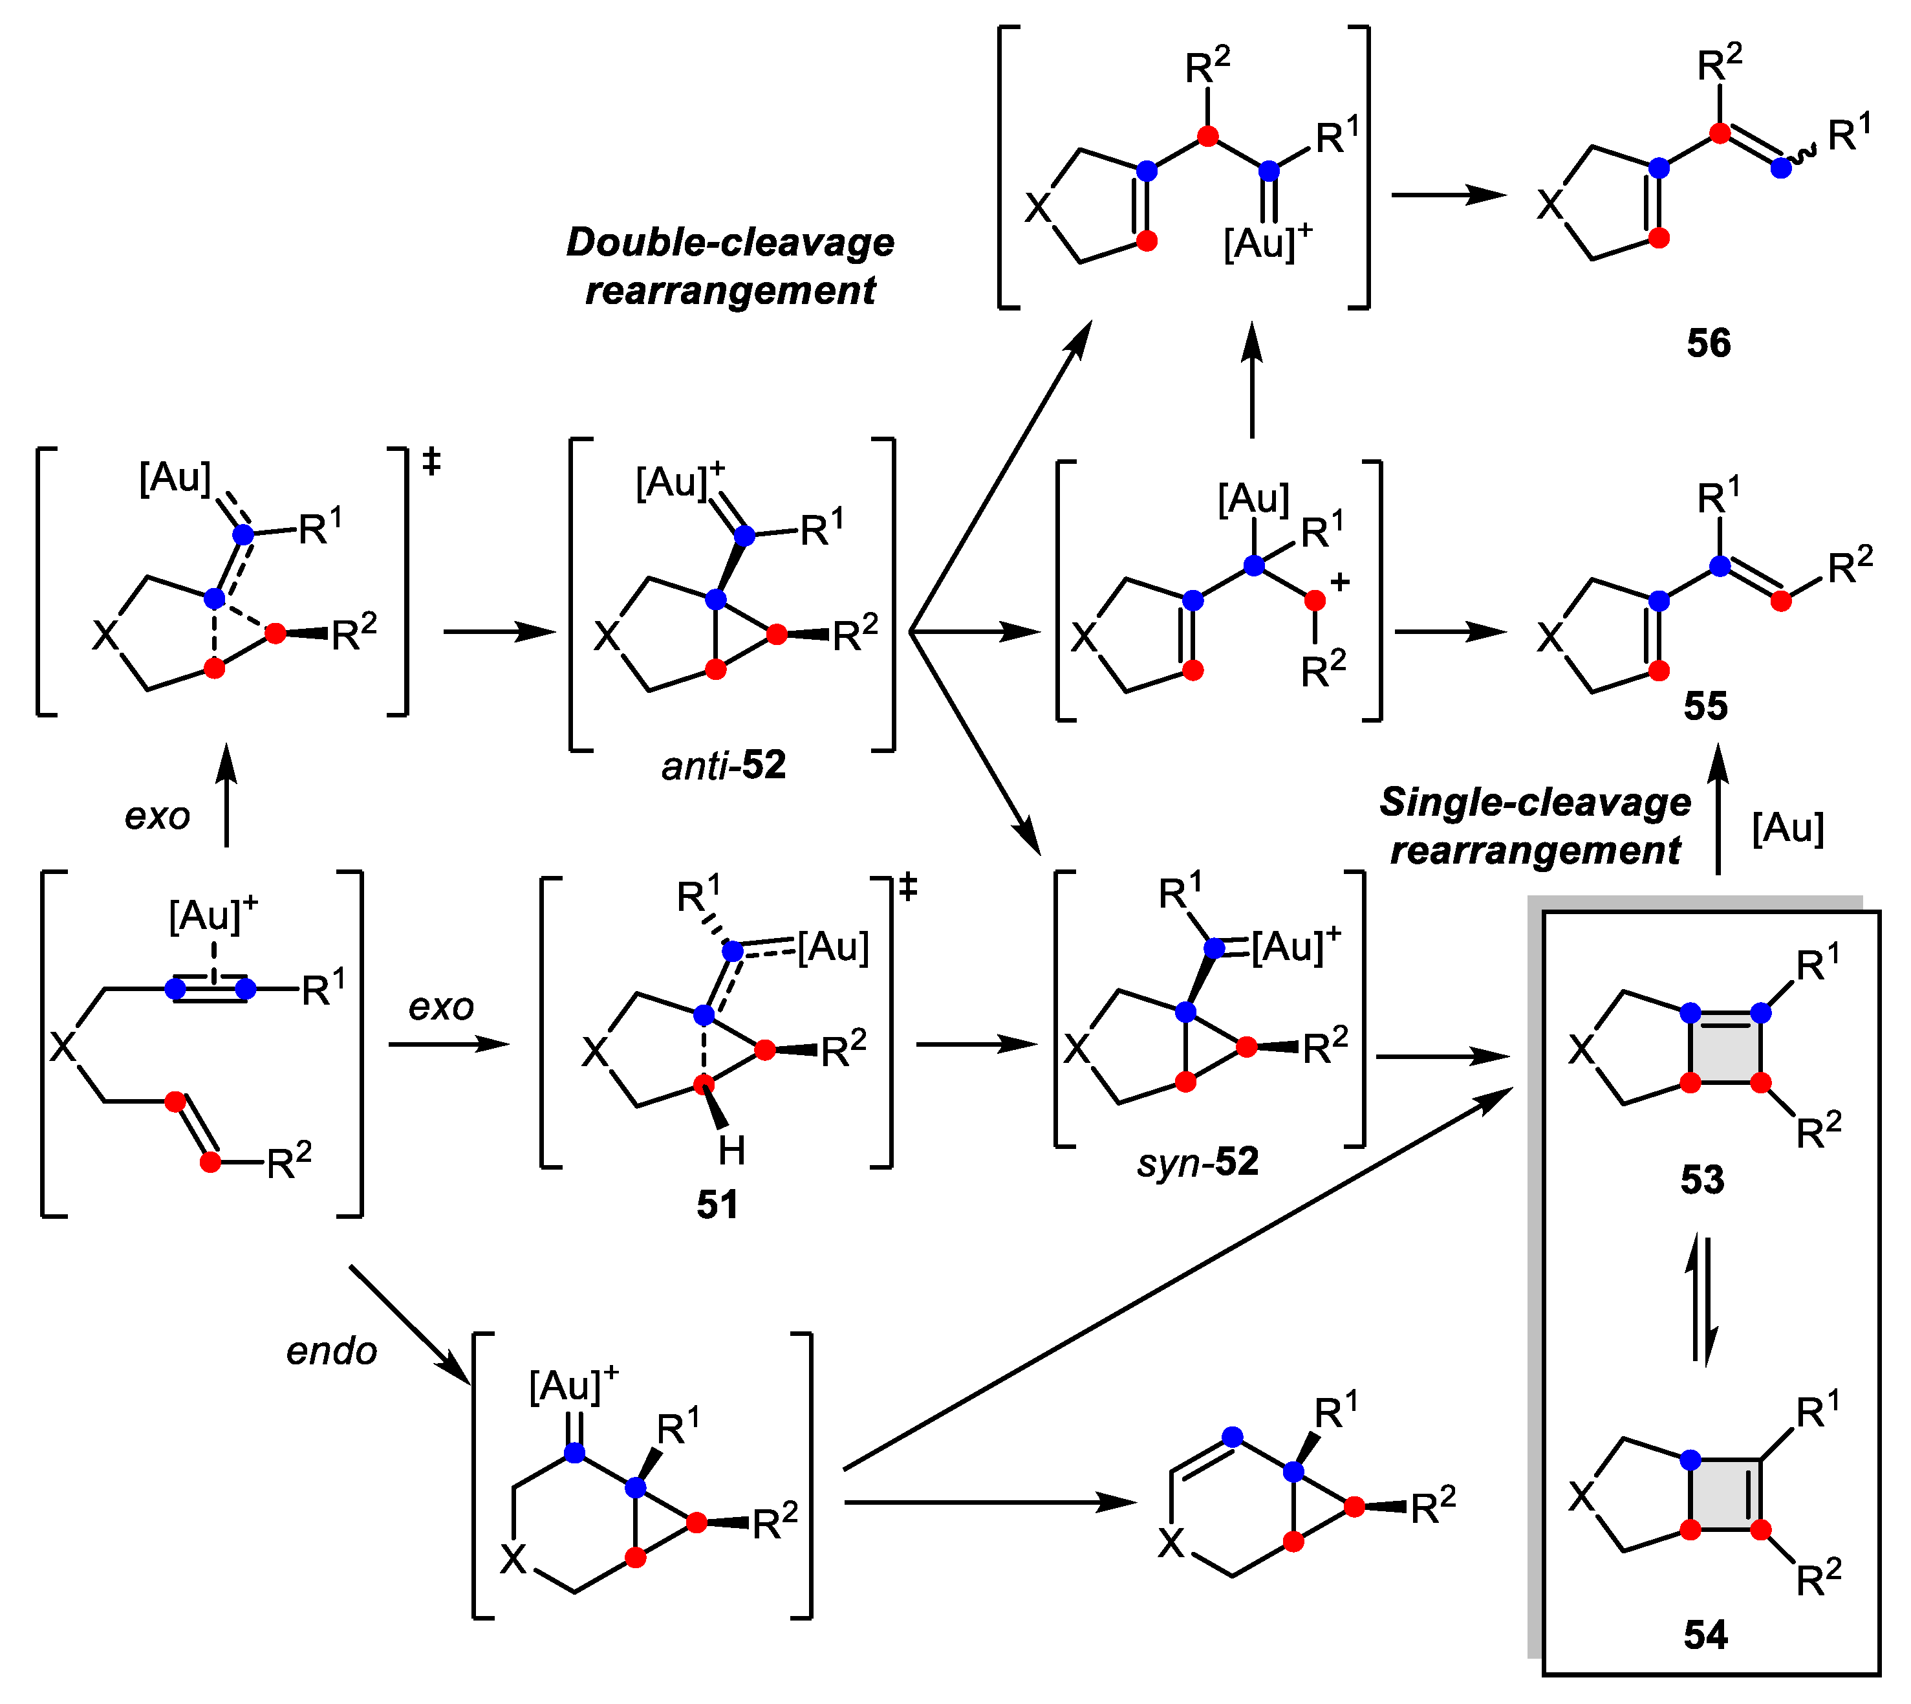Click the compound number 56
(x=1708, y=344)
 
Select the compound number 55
(x=1705, y=706)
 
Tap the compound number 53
(x=1701, y=1180)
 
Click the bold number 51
(x=717, y=1204)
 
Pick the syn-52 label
(x=1198, y=1162)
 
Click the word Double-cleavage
(x=730, y=243)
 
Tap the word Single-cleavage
(x=1535, y=802)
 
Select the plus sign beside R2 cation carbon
(x=1340, y=582)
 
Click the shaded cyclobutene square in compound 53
(x=1725, y=1047)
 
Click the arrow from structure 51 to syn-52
(x=977, y=1045)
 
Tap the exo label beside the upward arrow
(x=157, y=816)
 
